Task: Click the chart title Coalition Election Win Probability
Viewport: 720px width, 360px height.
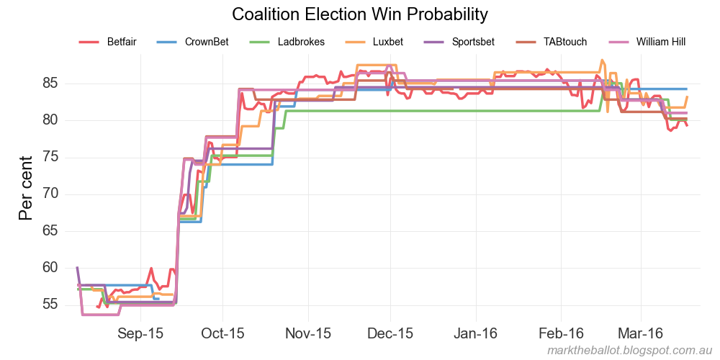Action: tap(360, 14)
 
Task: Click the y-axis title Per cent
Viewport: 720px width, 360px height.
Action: tap(26, 188)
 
